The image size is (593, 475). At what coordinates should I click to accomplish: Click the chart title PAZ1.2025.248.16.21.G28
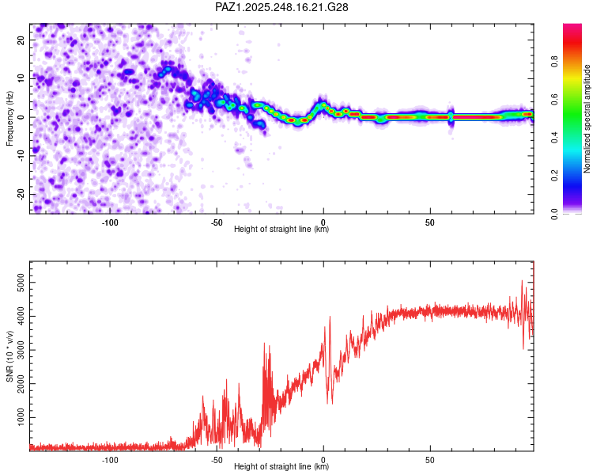282,7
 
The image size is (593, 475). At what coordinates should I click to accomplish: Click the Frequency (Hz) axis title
10,117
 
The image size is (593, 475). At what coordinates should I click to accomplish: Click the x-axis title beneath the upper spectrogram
282,230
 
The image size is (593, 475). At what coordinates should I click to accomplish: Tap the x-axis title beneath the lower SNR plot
282,467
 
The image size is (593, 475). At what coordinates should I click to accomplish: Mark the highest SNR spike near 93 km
522,282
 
